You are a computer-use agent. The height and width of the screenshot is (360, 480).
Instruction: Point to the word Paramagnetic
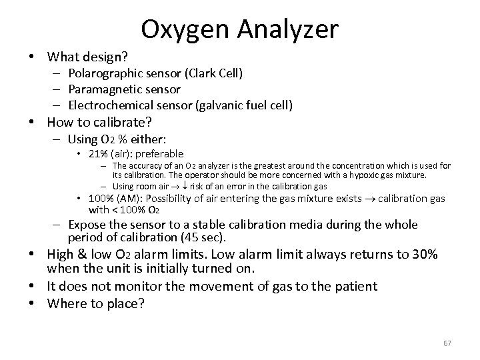(101, 89)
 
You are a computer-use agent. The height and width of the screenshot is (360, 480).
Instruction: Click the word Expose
(87, 225)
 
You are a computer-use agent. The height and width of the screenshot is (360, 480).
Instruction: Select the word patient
(354, 286)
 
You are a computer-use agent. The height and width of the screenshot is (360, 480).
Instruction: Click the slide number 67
(447, 343)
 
